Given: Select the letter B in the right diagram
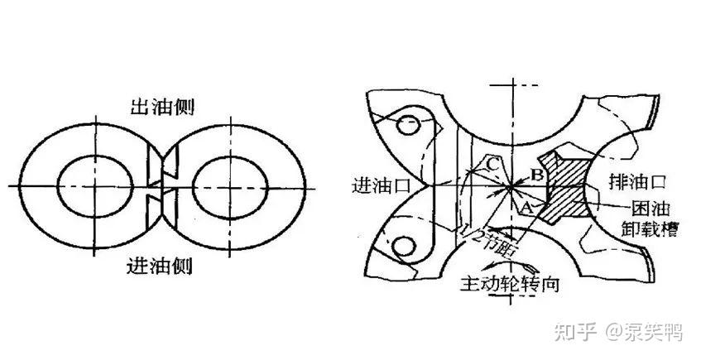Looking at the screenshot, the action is pyautogui.click(x=536, y=175).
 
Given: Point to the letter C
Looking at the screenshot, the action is pyautogui.click(x=492, y=165).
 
